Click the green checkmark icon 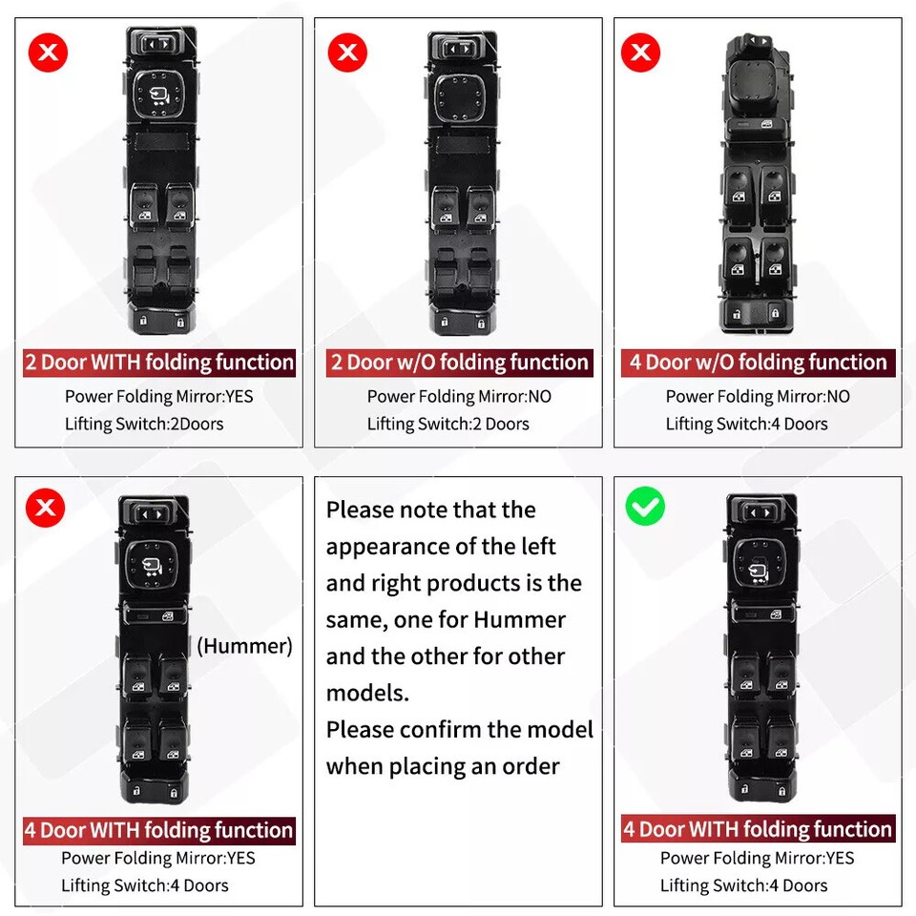(645, 507)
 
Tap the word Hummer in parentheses (244, 646)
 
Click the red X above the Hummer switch (45, 508)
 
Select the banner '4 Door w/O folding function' (758, 363)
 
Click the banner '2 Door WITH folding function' (159, 363)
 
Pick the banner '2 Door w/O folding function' (459, 363)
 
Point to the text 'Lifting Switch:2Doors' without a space (144, 424)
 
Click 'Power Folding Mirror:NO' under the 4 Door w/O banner (758, 396)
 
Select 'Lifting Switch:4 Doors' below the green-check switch (744, 885)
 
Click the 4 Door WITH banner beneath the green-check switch (758, 829)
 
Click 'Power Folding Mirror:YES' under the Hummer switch (158, 858)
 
